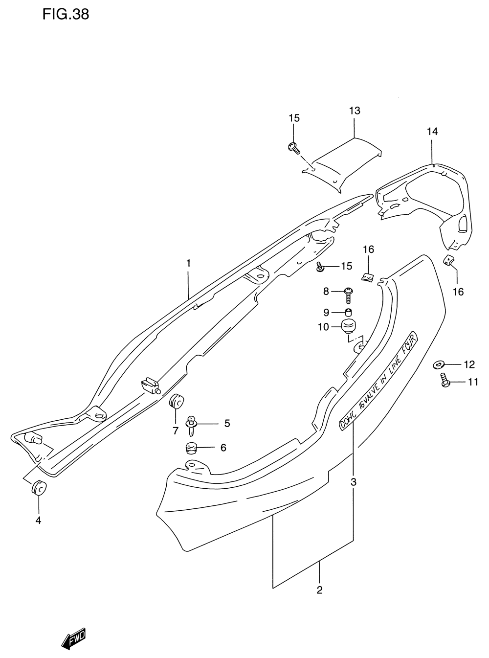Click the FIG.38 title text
[x=66, y=14]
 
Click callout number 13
[x=355, y=111]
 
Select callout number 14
[x=432, y=131]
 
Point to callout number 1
[x=188, y=263]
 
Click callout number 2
[x=319, y=590]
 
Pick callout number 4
[x=38, y=521]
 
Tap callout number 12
[x=469, y=364]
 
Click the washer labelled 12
[x=439, y=364]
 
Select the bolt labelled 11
[x=445, y=381]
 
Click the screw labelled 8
[x=348, y=293]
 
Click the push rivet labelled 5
[x=191, y=424]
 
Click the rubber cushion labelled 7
[x=176, y=402]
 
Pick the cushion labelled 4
[x=39, y=488]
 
